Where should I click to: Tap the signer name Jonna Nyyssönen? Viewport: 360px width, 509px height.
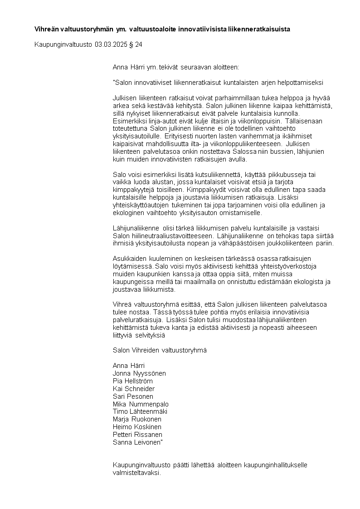pos(139,373)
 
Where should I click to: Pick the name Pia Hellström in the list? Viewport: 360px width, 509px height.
pos(132,381)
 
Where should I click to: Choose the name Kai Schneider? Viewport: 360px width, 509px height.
pos(133,389)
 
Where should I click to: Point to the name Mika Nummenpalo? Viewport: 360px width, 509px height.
pos(141,404)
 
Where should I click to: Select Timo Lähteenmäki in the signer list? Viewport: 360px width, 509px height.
pos(140,411)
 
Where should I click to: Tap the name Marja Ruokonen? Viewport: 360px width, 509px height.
pos(137,419)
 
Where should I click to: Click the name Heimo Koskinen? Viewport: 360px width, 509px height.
pos(137,427)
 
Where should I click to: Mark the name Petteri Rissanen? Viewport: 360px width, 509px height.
pos(137,435)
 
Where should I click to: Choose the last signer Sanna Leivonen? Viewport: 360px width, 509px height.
pos(137,442)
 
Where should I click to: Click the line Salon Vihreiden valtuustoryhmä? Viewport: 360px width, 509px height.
pos(159,350)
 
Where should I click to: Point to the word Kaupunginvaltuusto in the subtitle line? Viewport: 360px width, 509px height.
pos(63,44)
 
